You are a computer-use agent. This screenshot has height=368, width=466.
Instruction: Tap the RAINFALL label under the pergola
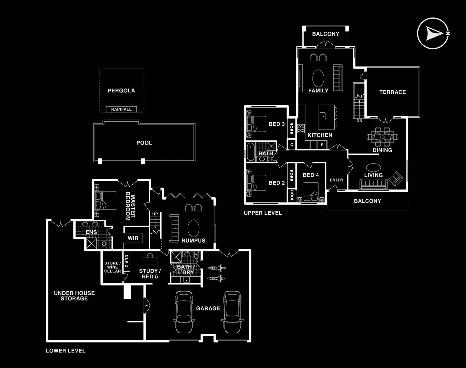pos(121,109)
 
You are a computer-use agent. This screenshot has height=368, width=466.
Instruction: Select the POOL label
pos(144,143)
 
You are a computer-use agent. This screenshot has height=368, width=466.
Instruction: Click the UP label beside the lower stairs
pos(155,214)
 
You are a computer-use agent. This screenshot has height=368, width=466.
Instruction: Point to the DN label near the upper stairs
pos(359,121)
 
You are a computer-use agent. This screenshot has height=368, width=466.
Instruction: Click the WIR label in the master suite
pos(133,238)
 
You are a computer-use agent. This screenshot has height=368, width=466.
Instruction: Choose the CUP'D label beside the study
pos(126,261)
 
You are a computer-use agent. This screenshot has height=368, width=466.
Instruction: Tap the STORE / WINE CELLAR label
pos(112,267)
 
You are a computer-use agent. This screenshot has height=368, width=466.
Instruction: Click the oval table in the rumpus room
pos(193,228)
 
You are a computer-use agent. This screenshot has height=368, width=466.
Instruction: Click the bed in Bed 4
pos(311,192)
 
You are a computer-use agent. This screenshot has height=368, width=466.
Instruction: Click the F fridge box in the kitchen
pos(322,145)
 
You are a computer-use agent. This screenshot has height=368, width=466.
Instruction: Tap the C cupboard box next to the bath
pos(292,145)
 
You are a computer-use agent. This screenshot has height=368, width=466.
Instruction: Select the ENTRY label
pos(337,180)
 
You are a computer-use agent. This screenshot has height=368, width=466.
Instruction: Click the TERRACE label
pos(392,92)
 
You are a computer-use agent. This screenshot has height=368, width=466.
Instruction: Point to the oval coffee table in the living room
pos(373,167)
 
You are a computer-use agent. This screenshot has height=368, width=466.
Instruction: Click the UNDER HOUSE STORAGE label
pos(74,296)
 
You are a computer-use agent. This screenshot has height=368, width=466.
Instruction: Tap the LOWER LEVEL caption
pos(65,351)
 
